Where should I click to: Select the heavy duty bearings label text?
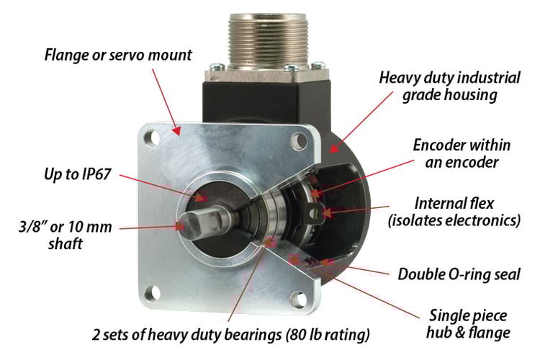pos(231,335)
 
